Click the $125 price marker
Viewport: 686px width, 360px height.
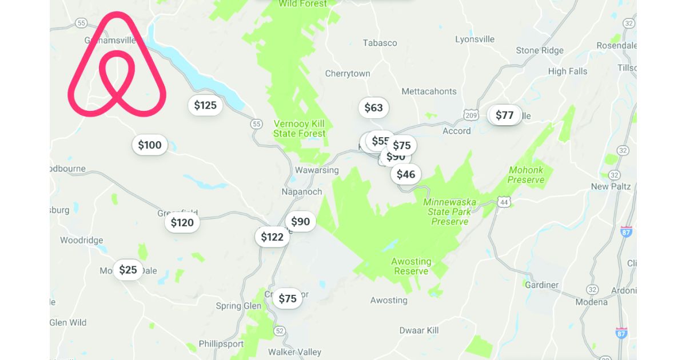(205, 105)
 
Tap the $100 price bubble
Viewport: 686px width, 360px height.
(150, 145)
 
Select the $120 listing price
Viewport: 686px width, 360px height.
(182, 223)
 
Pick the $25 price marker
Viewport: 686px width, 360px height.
(128, 270)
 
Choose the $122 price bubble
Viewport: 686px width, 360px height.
(272, 237)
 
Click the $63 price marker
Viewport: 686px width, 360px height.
(373, 108)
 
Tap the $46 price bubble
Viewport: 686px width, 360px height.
(406, 174)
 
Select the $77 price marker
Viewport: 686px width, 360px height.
(505, 115)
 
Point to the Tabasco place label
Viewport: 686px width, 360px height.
(380, 43)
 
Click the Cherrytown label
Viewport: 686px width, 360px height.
(348, 74)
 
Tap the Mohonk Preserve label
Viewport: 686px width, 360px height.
(527, 175)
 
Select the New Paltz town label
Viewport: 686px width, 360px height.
(608, 186)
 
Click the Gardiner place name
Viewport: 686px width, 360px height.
(541, 285)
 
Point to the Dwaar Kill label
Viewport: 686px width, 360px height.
(419, 330)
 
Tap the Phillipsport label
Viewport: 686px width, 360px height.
(221, 344)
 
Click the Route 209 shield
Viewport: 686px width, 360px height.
(470, 115)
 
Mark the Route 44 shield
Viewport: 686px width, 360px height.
(504, 202)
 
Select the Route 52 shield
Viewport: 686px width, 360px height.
(279, 331)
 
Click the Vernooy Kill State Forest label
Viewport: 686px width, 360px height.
(299, 129)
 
